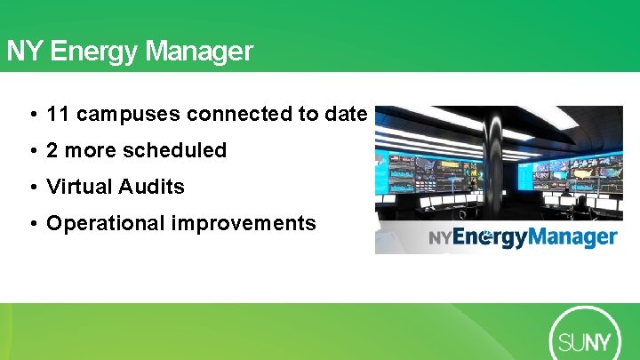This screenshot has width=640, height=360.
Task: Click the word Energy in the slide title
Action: pyautogui.click(x=95, y=52)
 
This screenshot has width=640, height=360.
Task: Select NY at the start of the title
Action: pyautogui.click(x=25, y=52)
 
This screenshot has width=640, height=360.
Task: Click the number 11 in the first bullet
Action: pyautogui.click(x=59, y=115)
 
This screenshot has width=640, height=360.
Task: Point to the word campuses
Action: pyautogui.click(x=129, y=115)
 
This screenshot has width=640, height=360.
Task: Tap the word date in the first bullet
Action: pyautogui.click(x=347, y=115)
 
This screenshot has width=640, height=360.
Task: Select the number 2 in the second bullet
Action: pyautogui.click(x=52, y=151)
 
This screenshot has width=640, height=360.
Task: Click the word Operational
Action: pyautogui.click(x=106, y=223)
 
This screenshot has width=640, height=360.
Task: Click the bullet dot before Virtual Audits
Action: pyautogui.click(x=32, y=188)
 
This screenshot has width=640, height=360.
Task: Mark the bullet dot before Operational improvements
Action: pyautogui.click(x=32, y=223)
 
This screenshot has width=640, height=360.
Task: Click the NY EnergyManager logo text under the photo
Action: pyautogui.click(x=523, y=237)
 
